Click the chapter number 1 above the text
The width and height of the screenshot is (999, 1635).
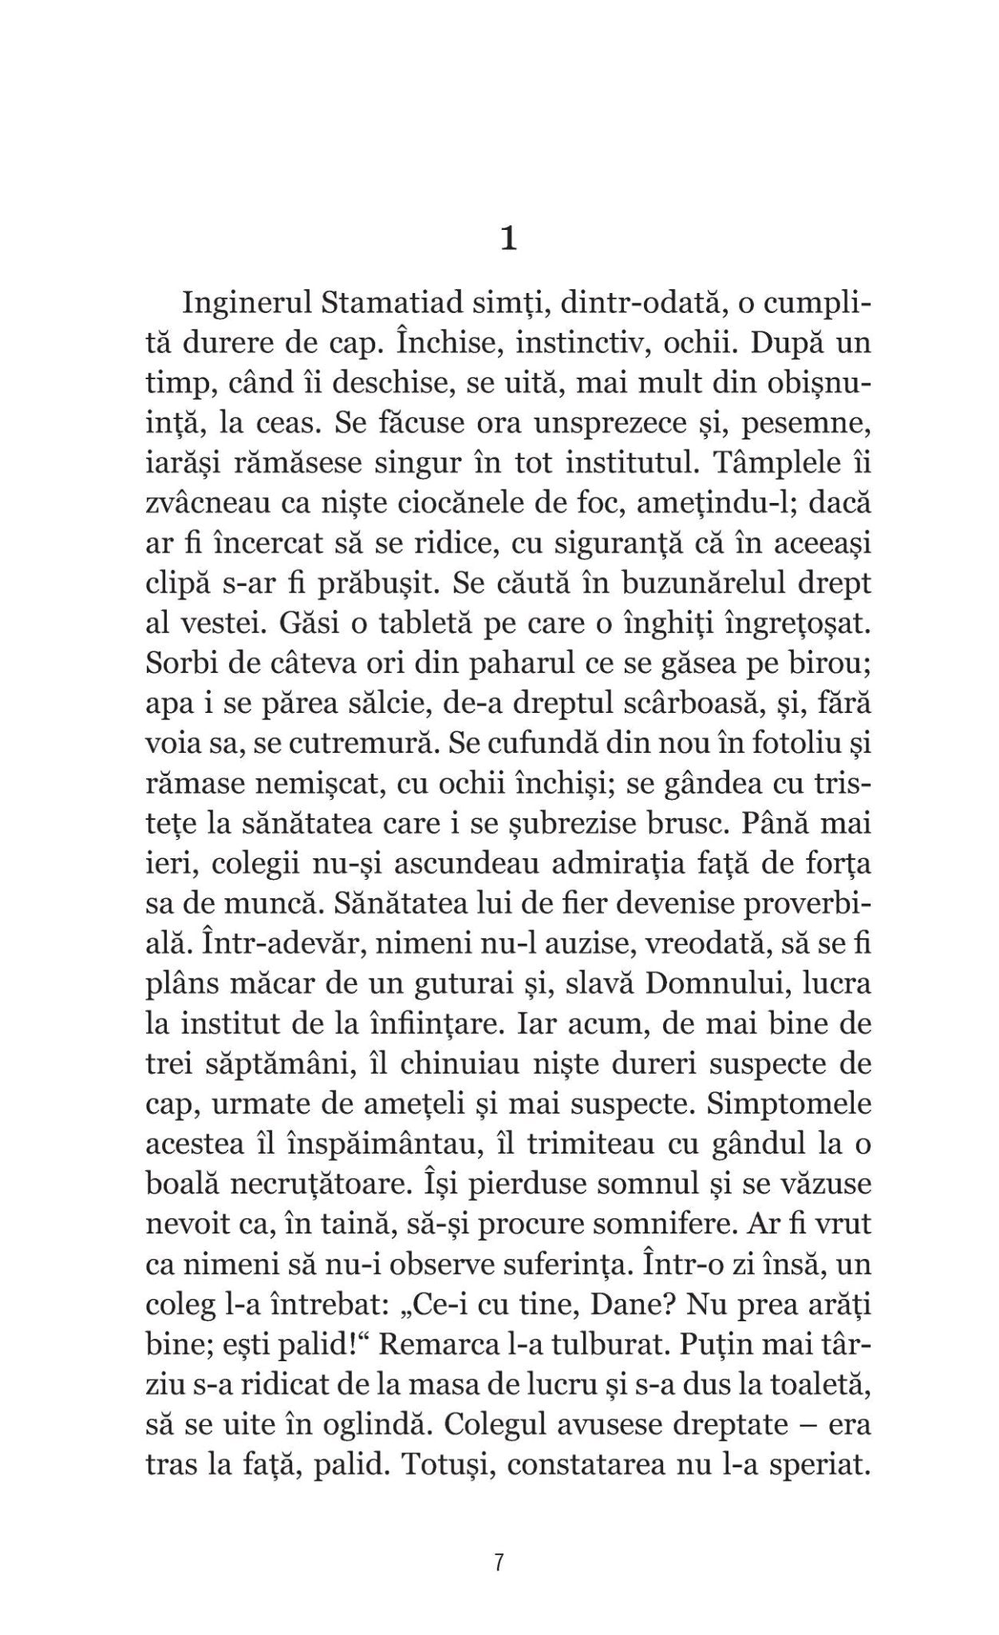point(507,240)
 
